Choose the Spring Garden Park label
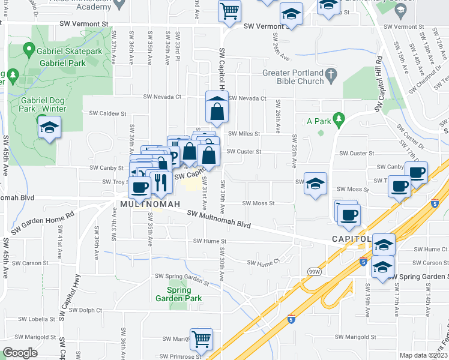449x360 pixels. [x=178, y=294]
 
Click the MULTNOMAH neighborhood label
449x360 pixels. [x=150, y=205]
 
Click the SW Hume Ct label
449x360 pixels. [x=264, y=263]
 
